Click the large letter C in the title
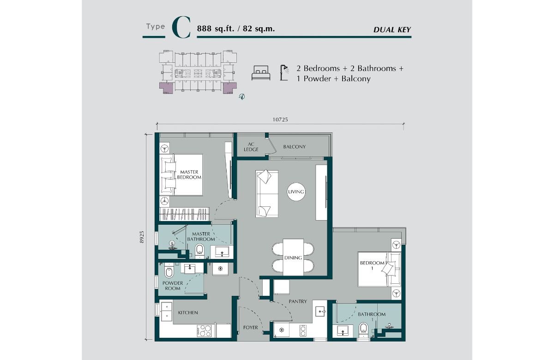[x=181, y=27]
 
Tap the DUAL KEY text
[x=392, y=30]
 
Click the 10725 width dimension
[x=280, y=120]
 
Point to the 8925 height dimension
[x=142, y=237]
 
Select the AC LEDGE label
[x=251, y=147]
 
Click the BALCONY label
[x=295, y=147]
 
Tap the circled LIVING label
[x=296, y=192]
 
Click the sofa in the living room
[x=267, y=193]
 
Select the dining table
[x=293, y=257]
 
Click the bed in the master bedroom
[x=181, y=175]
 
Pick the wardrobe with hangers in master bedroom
[x=184, y=214]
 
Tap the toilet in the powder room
[x=169, y=271]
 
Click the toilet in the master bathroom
[x=199, y=251]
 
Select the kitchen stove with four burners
[x=204, y=330]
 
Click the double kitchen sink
[x=167, y=311]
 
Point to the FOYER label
[x=251, y=328]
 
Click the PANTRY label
[x=298, y=301]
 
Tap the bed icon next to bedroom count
[x=261, y=73]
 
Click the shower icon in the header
[x=284, y=73]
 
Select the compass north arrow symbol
[x=242, y=96]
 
